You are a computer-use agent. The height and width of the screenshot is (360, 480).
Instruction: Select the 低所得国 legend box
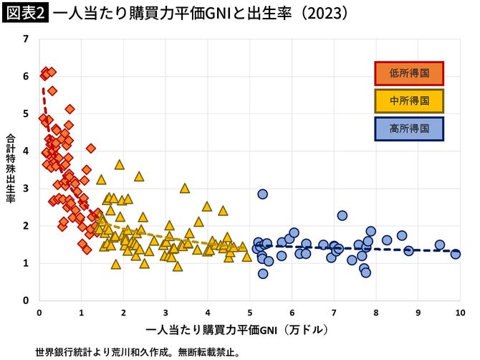409,72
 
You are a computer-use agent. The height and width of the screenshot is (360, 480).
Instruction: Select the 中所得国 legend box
409,100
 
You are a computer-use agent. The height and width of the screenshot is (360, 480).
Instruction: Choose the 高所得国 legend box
409,129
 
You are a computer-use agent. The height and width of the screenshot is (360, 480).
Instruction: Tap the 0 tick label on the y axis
27,300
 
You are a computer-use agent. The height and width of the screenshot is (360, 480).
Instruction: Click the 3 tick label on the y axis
27,189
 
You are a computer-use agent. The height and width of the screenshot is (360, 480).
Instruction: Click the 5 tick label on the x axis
250,313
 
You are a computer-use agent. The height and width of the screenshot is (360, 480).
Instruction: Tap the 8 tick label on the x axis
376,313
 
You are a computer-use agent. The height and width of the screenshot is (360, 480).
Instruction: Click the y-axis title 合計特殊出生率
11,169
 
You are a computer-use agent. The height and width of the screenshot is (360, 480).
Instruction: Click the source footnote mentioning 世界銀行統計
137,352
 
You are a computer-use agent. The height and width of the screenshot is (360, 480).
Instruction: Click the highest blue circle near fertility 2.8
263,194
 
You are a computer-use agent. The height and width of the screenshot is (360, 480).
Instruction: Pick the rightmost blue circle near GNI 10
456,254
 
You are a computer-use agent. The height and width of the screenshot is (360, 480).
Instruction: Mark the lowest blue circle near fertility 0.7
263,273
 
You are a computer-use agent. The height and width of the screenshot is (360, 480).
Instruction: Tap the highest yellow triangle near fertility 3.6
120,164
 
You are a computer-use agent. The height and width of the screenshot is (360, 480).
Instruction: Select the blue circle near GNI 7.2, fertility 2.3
342,215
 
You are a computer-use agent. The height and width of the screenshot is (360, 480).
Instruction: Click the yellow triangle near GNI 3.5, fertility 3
185,189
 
